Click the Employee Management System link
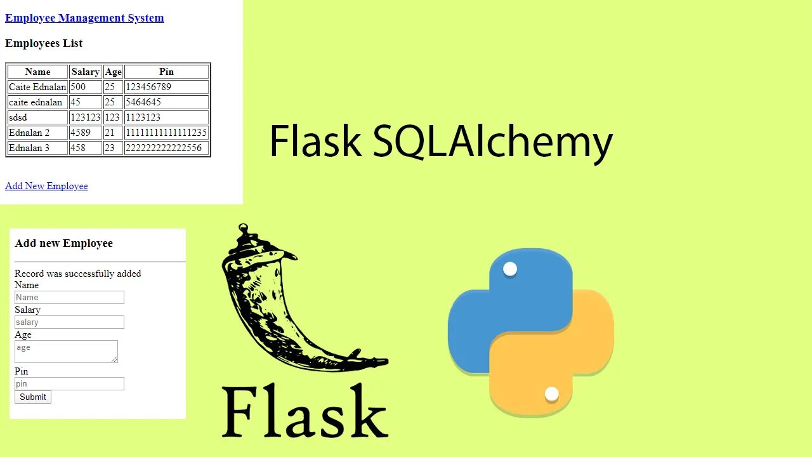pyautogui.click(x=84, y=18)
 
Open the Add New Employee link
pyautogui.click(x=46, y=186)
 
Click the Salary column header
pyautogui.click(x=85, y=72)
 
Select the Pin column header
pyautogui.click(x=166, y=72)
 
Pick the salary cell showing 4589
pyautogui.click(x=81, y=133)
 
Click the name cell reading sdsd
pyautogui.click(x=18, y=117)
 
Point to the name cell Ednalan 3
pyautogui.click(x=29, y=148)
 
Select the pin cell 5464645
pyautogui.click(x=143, y=102)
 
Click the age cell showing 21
pyautogui.click(x=110, y=133)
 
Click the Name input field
pyautogui.click(x=69, y=297)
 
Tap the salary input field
pyautogui.click(x=69, y=322)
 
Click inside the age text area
pyautogui.click(x=66, y=352)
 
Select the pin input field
pyautogui.click(x=69, y=383)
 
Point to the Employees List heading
pyautogui.click(x=44, y=43)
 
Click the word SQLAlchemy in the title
pyautogui.click(x=492, y=141)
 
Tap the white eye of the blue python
pyautogui.click(x=510, y=269)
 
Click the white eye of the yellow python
pyautogui.click(x=551, y=394)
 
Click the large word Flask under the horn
pyautogui.click(x=304, y=411)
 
